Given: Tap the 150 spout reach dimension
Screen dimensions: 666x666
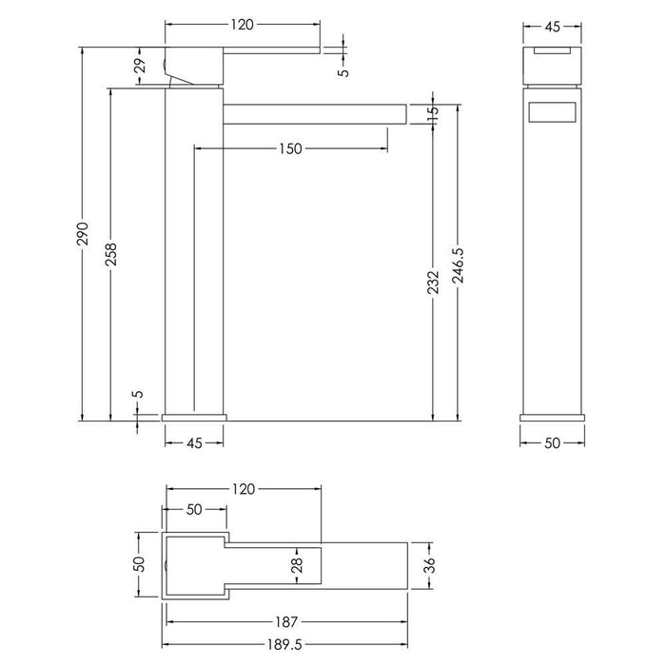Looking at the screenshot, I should pos(290,147).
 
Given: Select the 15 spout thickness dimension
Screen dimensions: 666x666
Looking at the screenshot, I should pos(434,113).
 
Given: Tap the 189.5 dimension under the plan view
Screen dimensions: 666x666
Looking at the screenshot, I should pos(284,645).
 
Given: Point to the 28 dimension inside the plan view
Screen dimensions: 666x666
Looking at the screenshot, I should pos(297,568).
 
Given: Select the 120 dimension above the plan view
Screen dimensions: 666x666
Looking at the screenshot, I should pos(244,489).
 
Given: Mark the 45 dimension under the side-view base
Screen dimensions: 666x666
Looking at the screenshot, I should pos(194,441).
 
